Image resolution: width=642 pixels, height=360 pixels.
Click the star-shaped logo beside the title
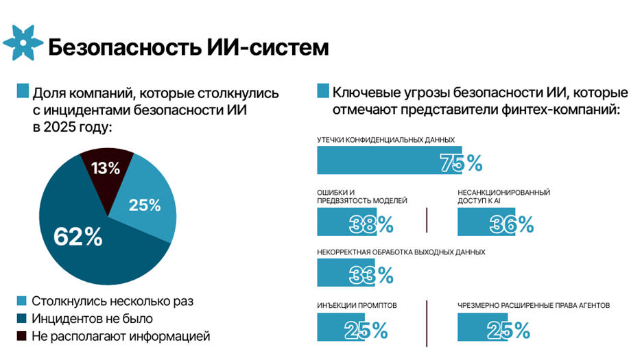(23, 43)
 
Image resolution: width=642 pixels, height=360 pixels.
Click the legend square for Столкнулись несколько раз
(21, 301)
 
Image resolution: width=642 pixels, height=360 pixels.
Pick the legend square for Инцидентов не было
(21, 319)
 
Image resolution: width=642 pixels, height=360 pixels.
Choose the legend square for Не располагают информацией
(21, 336)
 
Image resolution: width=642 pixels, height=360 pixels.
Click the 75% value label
(461, 163)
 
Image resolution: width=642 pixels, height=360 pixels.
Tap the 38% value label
(371, 224)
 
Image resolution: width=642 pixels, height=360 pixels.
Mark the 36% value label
(512, 224)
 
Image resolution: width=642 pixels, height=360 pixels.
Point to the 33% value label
(371, 274)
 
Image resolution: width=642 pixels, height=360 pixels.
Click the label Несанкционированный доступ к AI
(503, 197)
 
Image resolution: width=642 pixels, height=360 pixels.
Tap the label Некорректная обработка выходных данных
(401, 252)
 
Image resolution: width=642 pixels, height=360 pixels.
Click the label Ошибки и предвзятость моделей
(362, 197)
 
